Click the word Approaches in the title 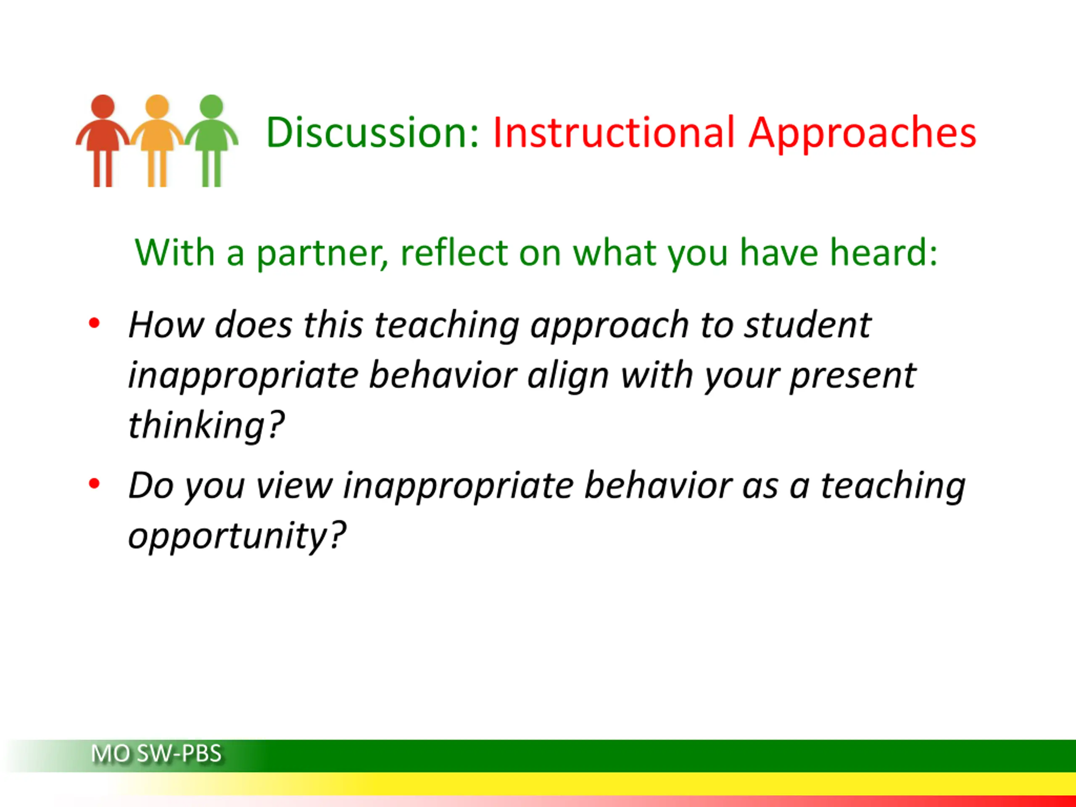point(862,134)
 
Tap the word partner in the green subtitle point(322,254)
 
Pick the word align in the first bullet point(568,377)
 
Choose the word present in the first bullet point(853,377)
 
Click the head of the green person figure point(211,105)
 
